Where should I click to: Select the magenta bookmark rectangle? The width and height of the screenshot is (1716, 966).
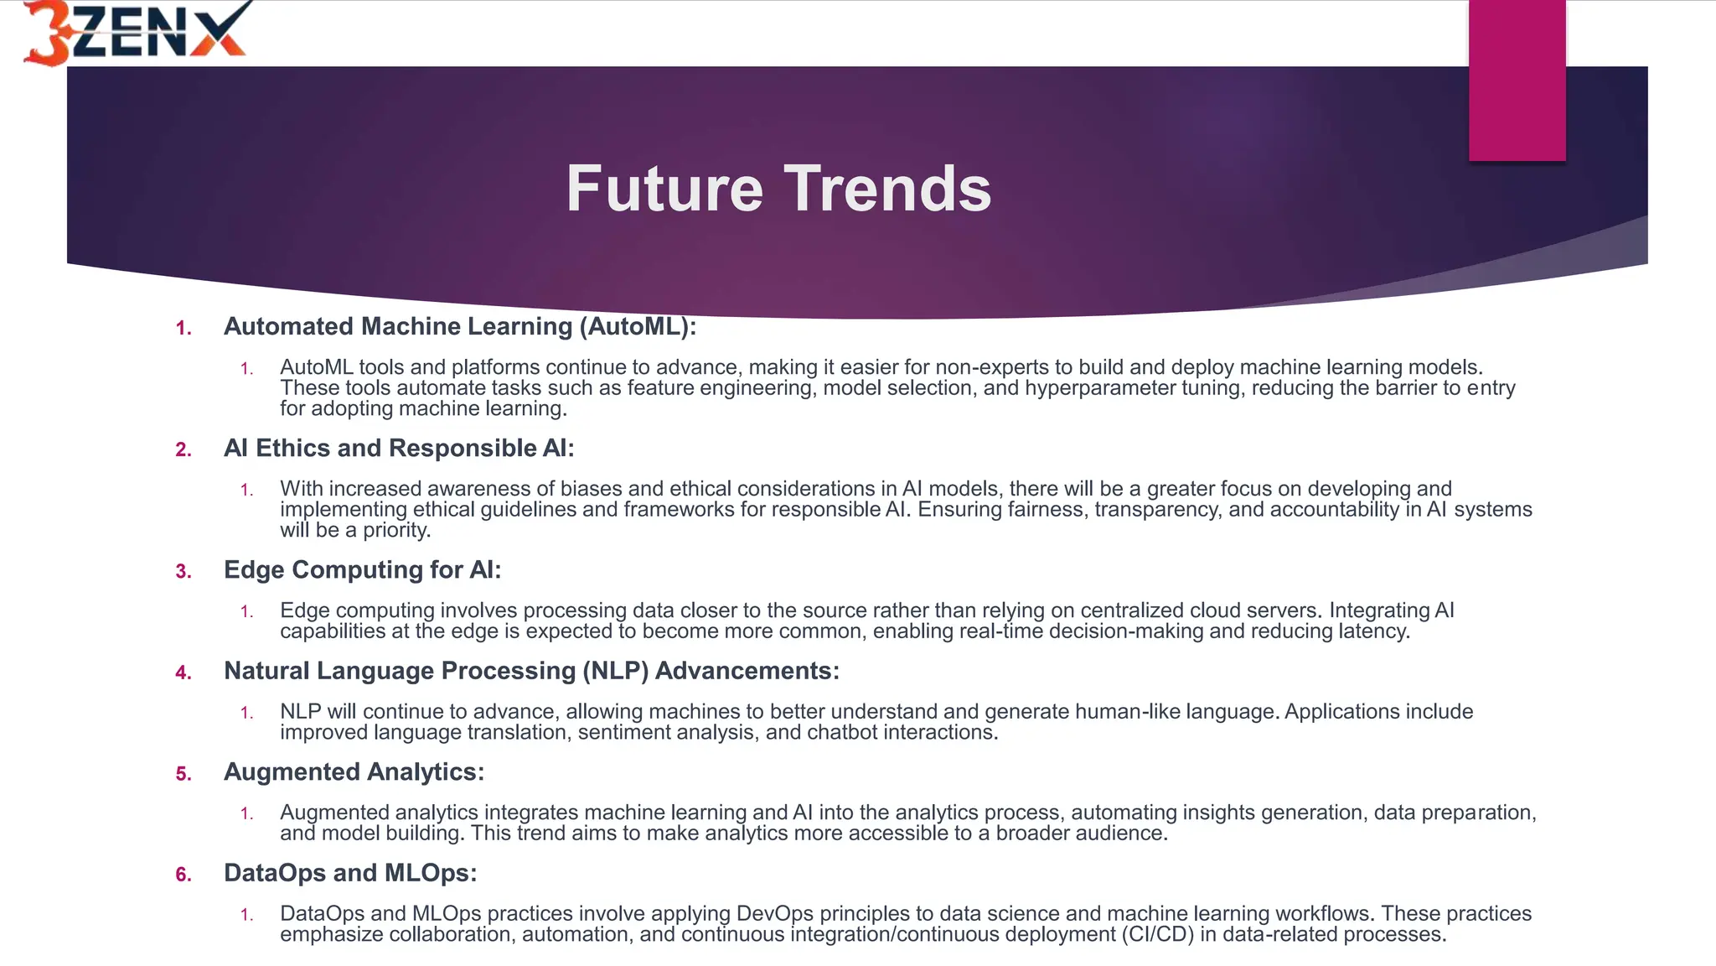[x=1517, y=80]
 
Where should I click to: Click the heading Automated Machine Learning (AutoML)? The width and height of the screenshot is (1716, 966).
[x=460, y=326]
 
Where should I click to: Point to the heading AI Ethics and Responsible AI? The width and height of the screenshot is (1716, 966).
[x=399, y=448]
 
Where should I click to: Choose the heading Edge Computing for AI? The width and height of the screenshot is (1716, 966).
[x=362, y=570]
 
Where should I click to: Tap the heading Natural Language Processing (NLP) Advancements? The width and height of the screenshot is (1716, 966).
[x=531, y=671]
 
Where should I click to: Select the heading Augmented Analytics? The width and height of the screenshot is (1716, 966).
[x=354, y=772]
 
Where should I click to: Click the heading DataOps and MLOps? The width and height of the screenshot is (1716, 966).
[x=350, y=873]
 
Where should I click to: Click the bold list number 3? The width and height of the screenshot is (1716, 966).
[x=183, y=572]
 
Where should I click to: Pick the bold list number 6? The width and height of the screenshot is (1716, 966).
[x=183, y=875]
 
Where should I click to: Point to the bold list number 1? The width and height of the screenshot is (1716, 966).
[x=183, y=329]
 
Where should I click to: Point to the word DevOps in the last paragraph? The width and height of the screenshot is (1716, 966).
[x=774, y=914]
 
